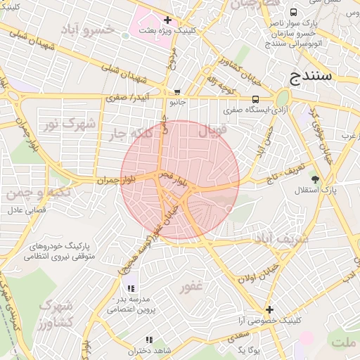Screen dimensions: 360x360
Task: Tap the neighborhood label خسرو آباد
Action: tap(87, 30)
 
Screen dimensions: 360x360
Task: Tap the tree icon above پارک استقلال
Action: tap(314, 179)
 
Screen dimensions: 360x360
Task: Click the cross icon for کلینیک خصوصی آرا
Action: tap(269, 309)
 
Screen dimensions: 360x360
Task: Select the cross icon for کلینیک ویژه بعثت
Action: tap(167, 20)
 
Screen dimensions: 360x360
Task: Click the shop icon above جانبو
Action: tap(176, 91)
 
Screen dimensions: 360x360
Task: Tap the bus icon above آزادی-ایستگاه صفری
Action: tap(255, 99)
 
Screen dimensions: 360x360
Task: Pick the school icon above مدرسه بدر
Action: tap(131, 288)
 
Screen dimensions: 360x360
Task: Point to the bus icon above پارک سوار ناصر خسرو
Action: tap(293, 12)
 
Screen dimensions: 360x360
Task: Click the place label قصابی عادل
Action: tap(26, 210)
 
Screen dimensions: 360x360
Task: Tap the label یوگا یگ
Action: tap(249, 350)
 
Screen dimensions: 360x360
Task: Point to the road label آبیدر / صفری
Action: tap(130, 98)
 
